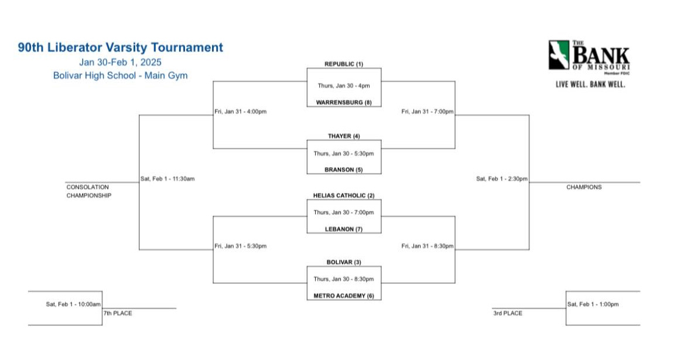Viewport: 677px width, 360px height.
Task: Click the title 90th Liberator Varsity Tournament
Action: point(120,47)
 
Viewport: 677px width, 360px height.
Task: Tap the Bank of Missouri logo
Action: point(589,55)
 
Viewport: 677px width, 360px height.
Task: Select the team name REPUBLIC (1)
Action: point(344,63)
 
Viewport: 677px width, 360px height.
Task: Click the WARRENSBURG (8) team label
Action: point(344,102)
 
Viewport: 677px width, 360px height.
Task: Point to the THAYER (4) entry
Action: point(344,136)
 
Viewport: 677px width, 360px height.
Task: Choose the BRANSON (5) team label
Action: point(344,170)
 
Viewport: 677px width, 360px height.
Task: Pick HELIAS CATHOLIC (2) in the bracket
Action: point(344,196)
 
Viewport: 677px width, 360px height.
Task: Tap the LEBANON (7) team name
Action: point(344,229)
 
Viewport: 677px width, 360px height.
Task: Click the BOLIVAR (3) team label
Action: point(344,262)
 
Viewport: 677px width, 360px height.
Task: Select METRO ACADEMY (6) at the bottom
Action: point(344,296)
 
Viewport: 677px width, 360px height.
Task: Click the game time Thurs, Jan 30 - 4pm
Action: point(344,85)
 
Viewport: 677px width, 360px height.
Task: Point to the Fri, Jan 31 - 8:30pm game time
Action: point(427,246)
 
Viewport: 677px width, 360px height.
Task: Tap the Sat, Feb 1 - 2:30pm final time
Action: point(502,179)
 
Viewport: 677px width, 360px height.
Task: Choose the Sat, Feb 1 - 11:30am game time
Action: point(167,179)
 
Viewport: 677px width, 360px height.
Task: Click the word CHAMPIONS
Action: point(584,187)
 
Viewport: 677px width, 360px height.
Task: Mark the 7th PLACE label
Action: point(118,313)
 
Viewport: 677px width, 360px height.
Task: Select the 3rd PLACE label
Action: point(508,313)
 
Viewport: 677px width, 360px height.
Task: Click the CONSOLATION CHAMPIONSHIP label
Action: point(88,191)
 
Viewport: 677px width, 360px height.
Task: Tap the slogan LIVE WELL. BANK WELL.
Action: point(590,84)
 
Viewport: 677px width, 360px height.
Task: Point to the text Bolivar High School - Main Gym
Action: point(120,76)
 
